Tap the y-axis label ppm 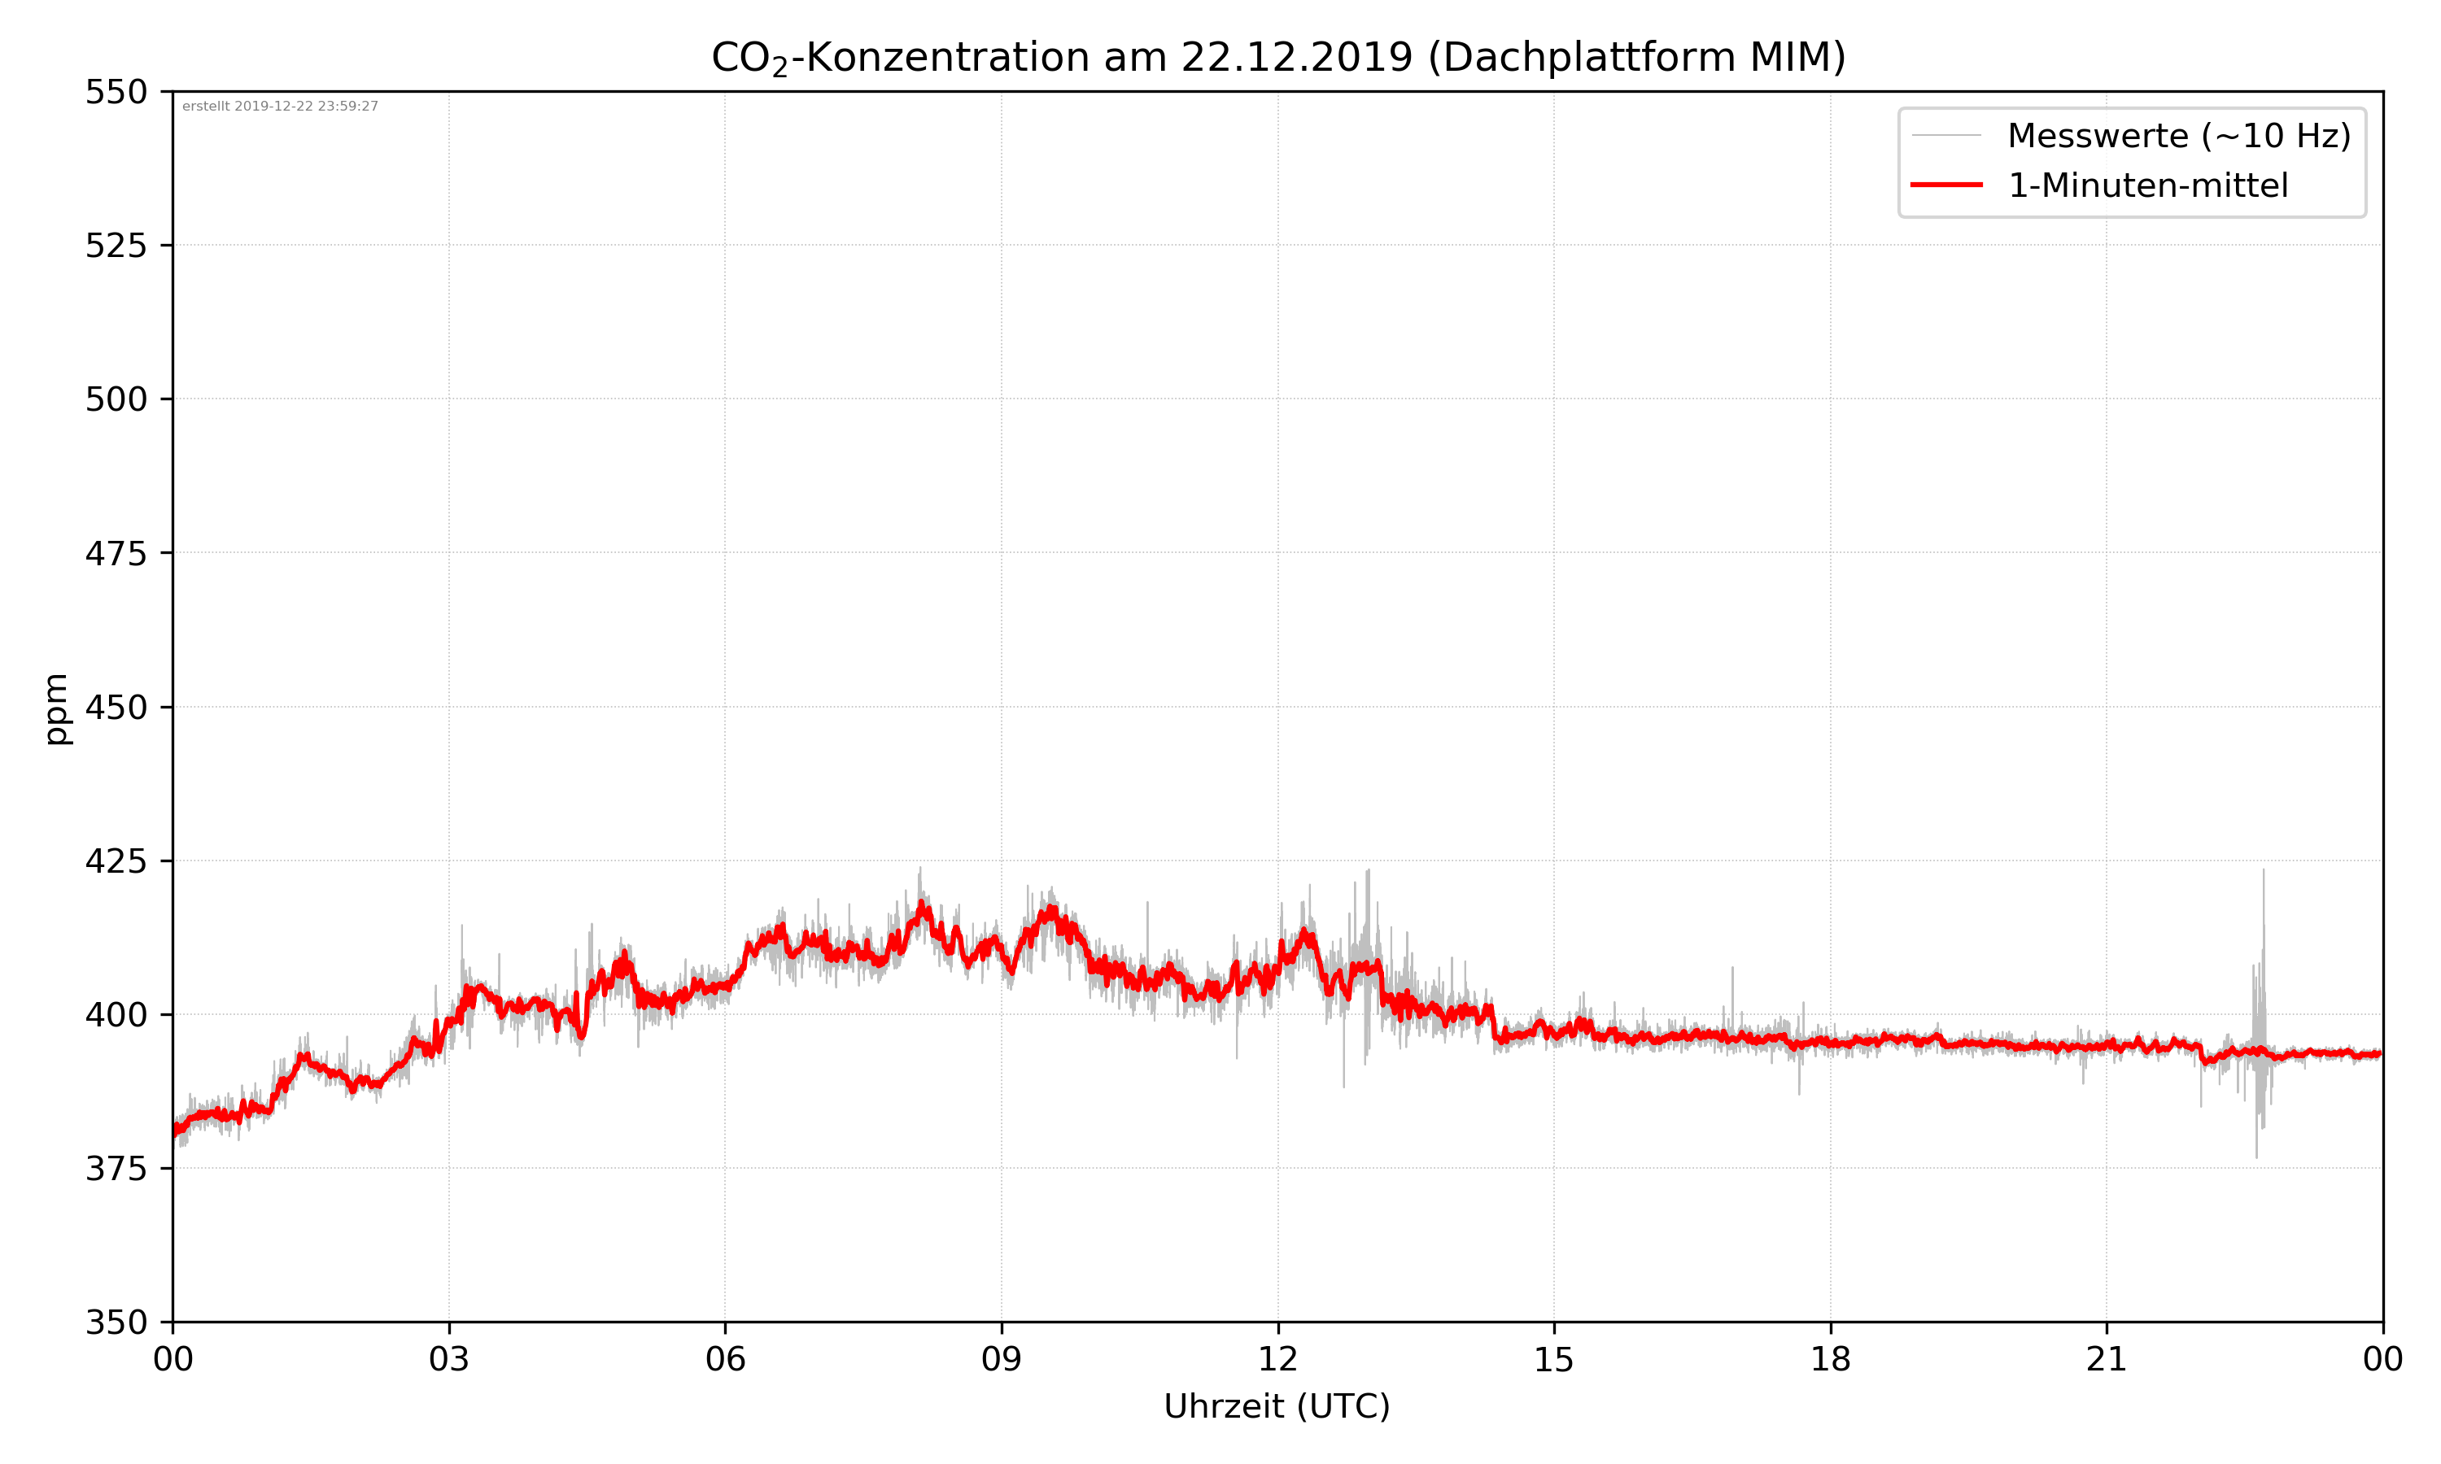pos(56,708)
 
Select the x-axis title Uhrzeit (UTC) pos(1277,1405)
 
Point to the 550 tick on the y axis pos(116,92)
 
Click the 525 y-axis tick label pos(116,246)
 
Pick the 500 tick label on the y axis pos(116,399)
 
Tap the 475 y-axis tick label pos(116,553)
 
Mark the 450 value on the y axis pos(116,708)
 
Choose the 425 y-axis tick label pos(116,861)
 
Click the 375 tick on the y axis pos(116,1169)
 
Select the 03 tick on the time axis pos(449,1359)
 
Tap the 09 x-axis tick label pos(1002,1359)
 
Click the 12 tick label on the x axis pos(1277,1359)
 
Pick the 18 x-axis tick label pos(1830,1359)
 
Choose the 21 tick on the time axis pos(2107,1359)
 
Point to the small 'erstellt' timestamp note pos(280,107)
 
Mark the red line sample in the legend pos(1945,185)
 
